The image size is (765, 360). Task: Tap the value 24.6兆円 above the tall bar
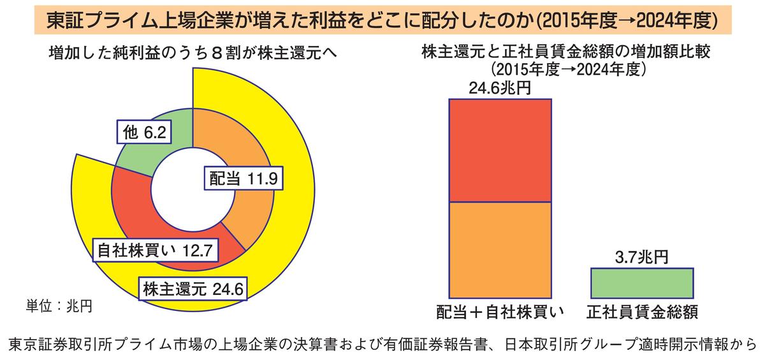500,88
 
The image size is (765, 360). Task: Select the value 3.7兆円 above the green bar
642,257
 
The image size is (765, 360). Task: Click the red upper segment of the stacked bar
500,150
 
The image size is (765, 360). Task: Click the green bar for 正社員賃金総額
642,282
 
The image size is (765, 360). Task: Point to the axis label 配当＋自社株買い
500,312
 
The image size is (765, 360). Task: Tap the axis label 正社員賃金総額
642,312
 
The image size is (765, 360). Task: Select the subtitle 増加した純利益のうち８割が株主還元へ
194,54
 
